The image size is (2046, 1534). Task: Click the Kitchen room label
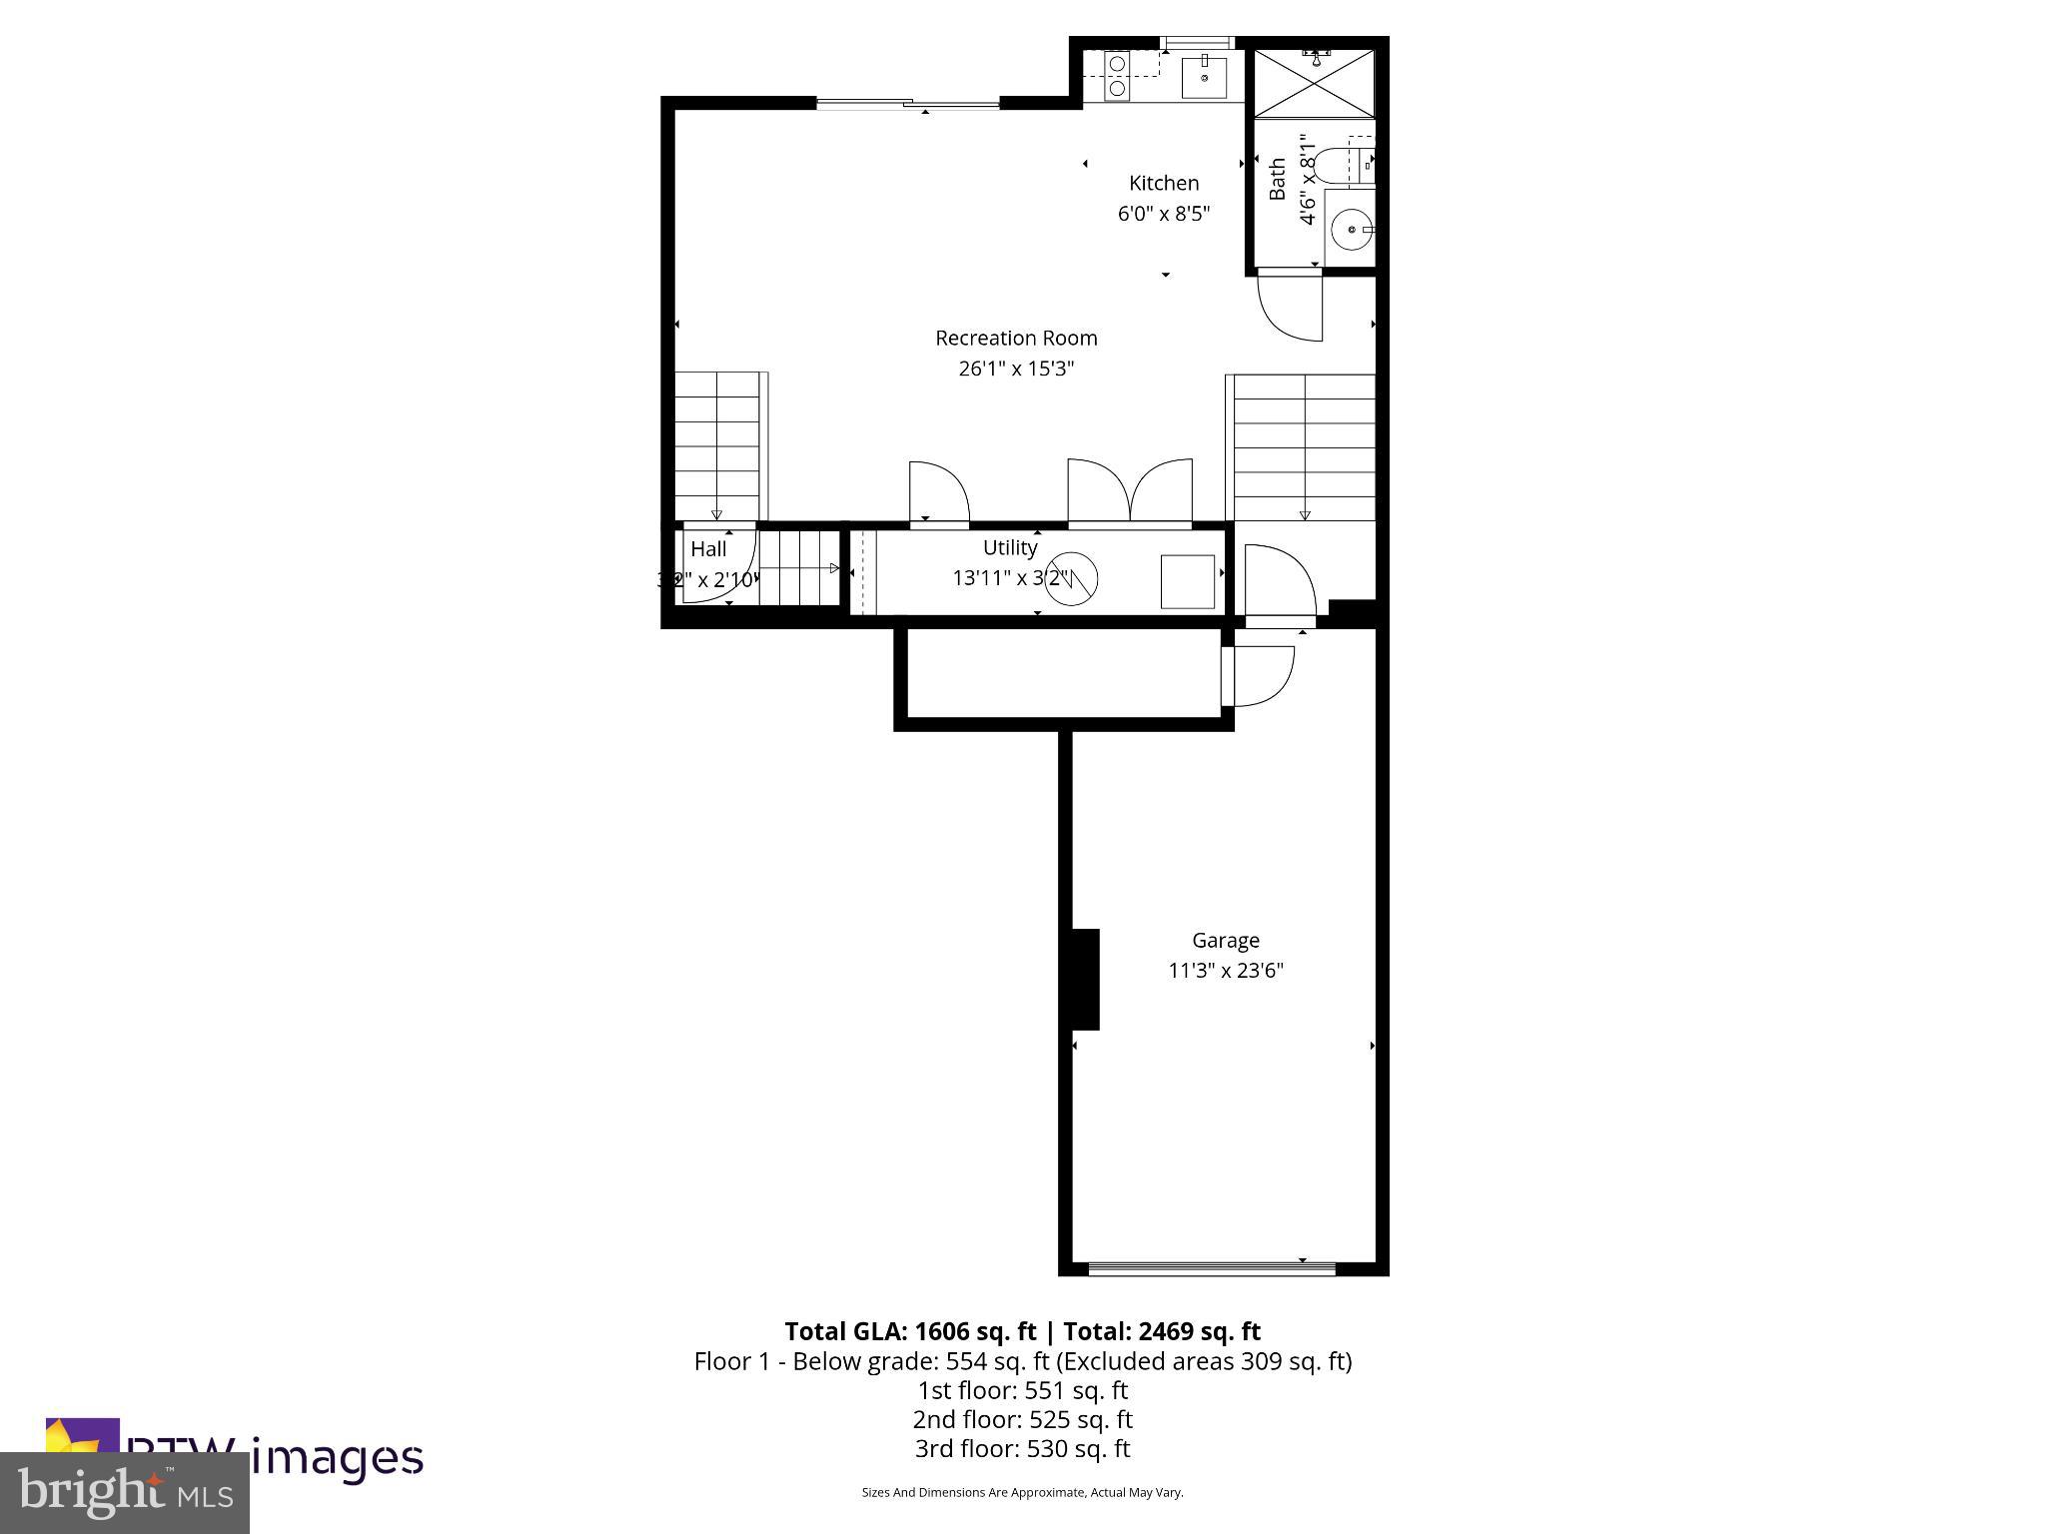pos(1163,183)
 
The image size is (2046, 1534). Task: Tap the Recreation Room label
pos(1016,339)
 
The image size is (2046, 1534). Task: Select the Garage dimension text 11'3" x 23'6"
pos(1226,971)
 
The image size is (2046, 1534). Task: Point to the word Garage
pos(1226,941)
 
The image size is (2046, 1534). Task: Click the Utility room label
pos(1010,547)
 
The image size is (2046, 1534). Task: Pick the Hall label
pos(709,548)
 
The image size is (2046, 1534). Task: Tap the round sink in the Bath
pos(1351,230)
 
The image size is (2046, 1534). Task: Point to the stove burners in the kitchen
pos(1117,76)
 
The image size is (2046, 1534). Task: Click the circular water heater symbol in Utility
pos(1072,577)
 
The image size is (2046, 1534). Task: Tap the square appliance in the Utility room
pos(1187,581)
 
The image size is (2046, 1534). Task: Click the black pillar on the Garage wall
pos(1085,979)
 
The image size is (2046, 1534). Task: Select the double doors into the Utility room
pos(1130,492)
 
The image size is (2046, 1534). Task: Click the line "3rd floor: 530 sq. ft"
pos(1022,1448)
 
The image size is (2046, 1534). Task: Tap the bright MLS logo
pos(125,1493)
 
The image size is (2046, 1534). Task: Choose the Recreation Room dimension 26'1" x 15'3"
pos(1016,369)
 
